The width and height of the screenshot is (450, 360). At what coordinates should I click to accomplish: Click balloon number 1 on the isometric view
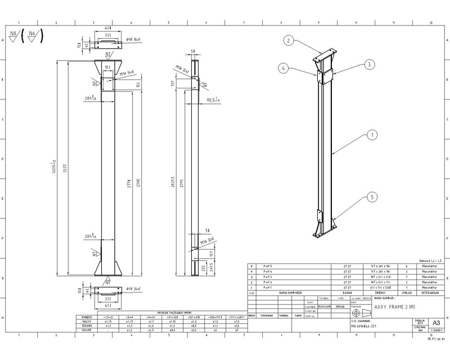pyautogui.click(x=371, y=135)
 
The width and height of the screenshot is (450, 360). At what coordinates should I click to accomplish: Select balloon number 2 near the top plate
pyautogui.click(x=288, y=40)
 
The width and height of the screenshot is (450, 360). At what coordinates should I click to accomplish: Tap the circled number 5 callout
pyautogui.click(x=371, y=197)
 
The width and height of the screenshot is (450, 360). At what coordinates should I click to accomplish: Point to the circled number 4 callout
pyautogui.click(x=284, y=69)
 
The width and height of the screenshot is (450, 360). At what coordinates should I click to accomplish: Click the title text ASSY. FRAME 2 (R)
pyautogui.click(x=395, y=307)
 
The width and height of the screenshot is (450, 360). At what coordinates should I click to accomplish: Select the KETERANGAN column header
pyautogui.click(x=429, y=293)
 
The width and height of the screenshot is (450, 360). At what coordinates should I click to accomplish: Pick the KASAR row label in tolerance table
pyautogui.click(x=87, y=330)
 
